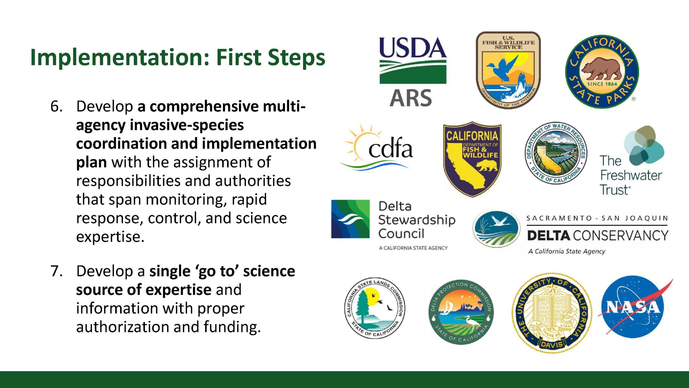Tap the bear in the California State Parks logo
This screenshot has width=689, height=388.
602,68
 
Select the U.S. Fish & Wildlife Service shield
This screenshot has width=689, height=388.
508,70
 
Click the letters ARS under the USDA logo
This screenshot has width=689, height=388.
411,98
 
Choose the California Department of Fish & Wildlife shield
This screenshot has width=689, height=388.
472,159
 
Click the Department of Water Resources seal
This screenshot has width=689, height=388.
556,153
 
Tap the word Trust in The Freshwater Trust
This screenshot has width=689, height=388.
615,189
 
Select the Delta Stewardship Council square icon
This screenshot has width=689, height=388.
350,219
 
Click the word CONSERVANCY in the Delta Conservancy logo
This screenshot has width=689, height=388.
621,235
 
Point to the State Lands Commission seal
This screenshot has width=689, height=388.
375,308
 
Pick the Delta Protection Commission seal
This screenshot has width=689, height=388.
461,312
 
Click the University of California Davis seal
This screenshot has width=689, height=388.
552,313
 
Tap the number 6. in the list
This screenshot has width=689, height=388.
57,106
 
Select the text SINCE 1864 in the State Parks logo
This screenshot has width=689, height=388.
602,84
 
